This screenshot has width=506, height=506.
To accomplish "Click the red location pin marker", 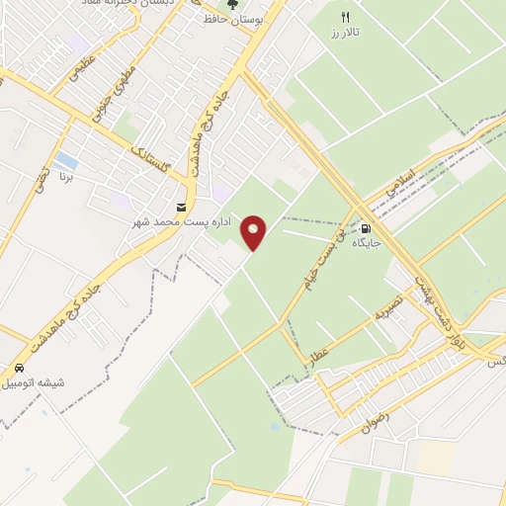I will click(254, 231).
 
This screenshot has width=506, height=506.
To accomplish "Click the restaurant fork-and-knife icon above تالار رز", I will click(345, 17).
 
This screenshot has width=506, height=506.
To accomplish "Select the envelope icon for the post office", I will click(181, 208).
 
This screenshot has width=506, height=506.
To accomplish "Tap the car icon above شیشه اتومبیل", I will click(19, 367).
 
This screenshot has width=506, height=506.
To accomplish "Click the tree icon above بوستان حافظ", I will click(233, 5).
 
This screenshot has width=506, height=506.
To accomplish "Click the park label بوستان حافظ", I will click(233, 20).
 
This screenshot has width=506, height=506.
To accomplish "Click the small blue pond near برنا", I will click(66, 160).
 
